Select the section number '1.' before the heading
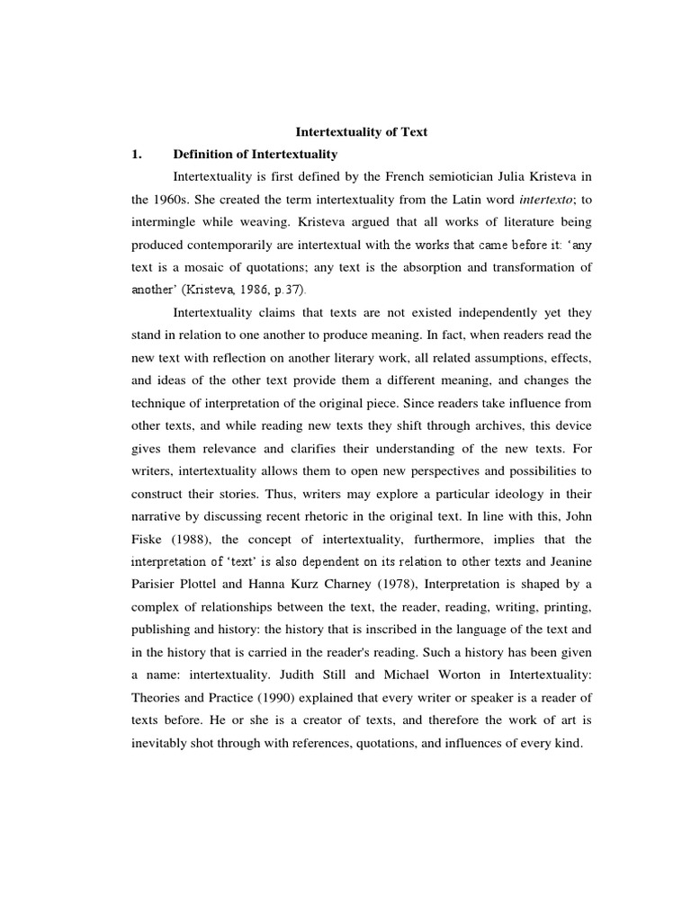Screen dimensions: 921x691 [138, 154]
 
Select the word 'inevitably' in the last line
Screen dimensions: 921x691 [162, 743]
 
